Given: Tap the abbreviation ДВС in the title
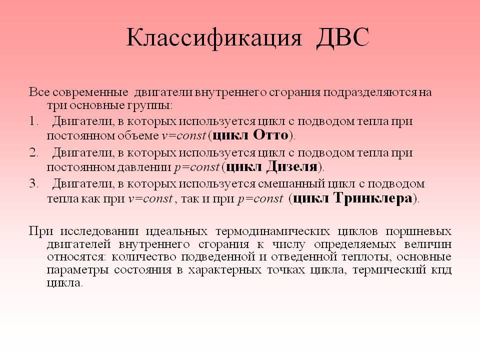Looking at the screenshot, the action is click(x=342, y=37).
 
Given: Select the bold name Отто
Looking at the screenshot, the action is click(x=271, y=135).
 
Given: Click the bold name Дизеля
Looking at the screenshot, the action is click(x=292, y=166).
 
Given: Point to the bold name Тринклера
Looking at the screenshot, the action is click(x=373, y=198).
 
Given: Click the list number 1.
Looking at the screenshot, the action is click(x=33, y=121).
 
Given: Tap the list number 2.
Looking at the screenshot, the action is click(x=33, y=152).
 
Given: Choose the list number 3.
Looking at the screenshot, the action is click(x=33, y=183).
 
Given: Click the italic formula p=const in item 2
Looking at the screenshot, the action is click(x=197, y=167).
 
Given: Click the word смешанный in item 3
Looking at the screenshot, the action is click(x=291, y=183).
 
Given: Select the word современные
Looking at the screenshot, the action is click(x=90, y=92).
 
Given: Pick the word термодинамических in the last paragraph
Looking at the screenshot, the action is click(x=273, y=231).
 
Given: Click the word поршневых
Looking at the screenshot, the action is click(x=418, y=231).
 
